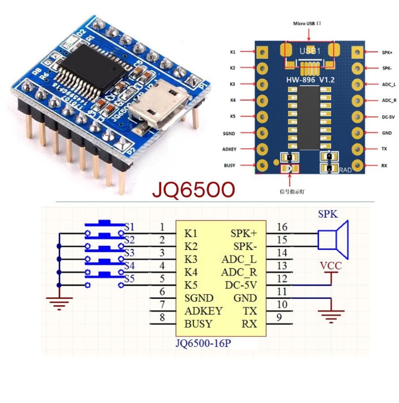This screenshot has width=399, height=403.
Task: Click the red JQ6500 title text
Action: tap(193, 190)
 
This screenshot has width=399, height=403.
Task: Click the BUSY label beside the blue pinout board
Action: tap(230, 165)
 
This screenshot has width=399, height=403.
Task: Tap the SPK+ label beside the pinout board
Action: tap(387, 52)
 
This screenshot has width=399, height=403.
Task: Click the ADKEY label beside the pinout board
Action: tap(229, 149)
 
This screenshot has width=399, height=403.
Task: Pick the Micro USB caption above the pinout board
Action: tap(306, 24)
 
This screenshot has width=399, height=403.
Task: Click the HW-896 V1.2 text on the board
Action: tap(310, 81)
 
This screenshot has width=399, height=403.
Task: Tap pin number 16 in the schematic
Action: tap(282, 227)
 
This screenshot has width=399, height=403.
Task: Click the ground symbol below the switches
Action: tap(60, 303)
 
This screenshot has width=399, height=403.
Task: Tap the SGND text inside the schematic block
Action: tap(199, 298)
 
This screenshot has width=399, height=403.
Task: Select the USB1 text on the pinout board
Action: tap(309, 51)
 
